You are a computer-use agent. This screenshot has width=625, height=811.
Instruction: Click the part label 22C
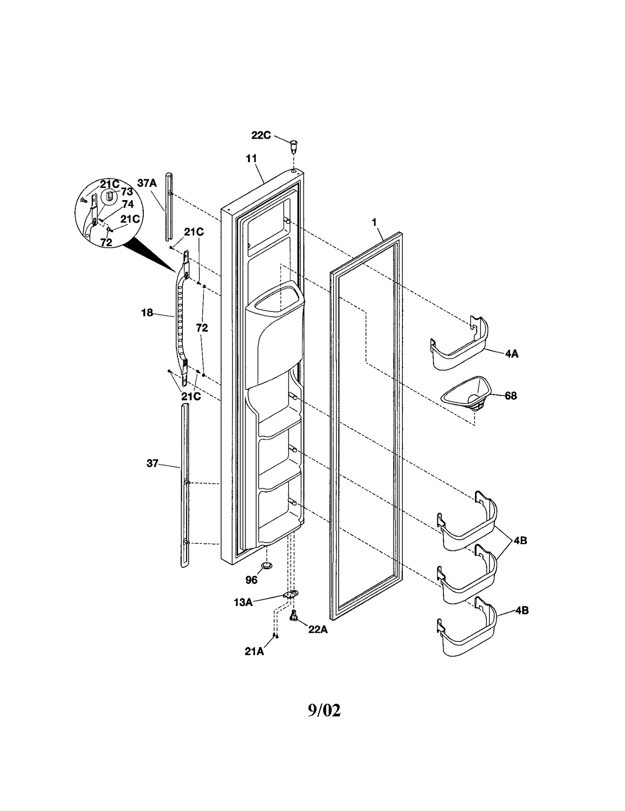pos(261,135)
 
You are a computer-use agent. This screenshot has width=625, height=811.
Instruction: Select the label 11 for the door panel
pos(252,158)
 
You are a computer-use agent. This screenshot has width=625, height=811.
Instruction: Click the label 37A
pos(147,183)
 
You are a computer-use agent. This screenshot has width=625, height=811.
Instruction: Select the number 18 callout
pos(147,313)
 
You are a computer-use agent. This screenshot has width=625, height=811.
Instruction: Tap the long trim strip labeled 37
pos(185,485)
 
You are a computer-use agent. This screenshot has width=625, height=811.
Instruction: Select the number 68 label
pos(511,396)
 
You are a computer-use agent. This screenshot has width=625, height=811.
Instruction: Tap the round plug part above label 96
pos(267,565)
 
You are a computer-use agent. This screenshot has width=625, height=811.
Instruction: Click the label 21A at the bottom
pos(254,652)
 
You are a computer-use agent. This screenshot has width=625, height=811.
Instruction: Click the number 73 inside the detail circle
pos(127,192)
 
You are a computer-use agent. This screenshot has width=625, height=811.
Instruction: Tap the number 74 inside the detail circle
pos(128,204)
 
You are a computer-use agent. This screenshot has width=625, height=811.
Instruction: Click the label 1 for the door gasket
pos(374,222)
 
